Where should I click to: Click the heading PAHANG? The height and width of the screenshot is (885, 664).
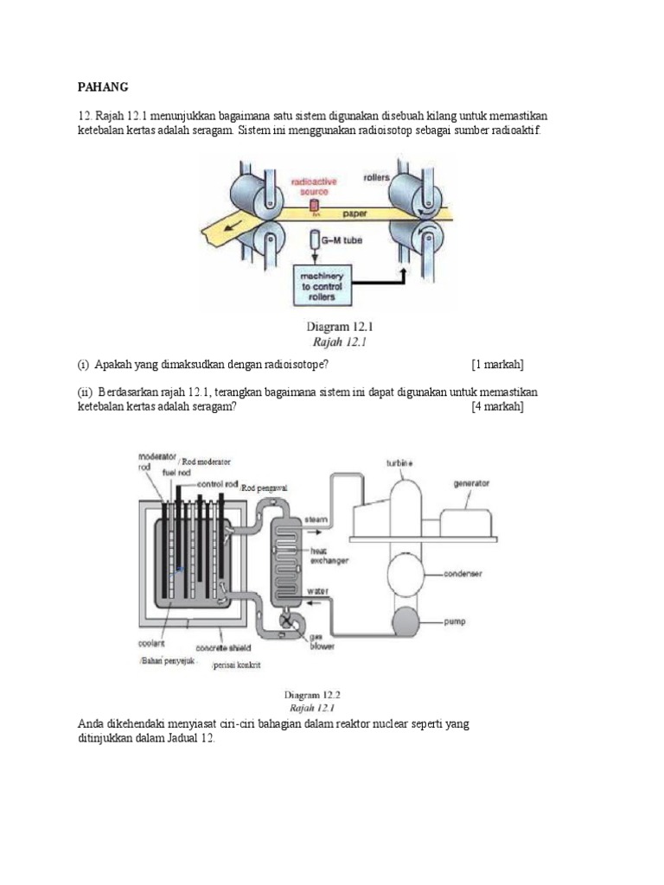(x=103, y=87)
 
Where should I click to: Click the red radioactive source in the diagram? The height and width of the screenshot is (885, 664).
(x=314, y=205)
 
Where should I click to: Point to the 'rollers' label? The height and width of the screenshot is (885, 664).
(x=376, y=177)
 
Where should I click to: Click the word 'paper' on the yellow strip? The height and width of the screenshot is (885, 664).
(x=354, y=212)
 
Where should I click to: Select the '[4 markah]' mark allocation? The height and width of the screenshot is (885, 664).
(x=497, y=407)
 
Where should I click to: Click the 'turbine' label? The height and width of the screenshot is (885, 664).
(x=399, y=463)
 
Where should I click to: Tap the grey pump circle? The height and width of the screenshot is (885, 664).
(x=404, y=621)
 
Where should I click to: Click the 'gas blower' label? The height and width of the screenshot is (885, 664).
(x=323, y=643)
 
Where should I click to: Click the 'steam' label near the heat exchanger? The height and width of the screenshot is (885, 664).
(x=313, y=519)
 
